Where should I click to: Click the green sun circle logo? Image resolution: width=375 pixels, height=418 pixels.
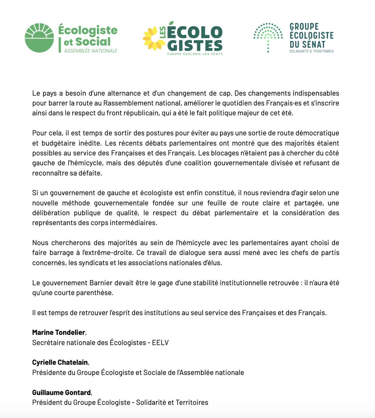39,38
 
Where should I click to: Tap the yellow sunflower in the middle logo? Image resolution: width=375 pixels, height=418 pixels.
154,38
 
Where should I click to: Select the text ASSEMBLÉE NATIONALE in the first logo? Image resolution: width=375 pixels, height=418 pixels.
91,51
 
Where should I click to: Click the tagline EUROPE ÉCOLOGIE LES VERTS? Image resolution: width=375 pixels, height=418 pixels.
195,54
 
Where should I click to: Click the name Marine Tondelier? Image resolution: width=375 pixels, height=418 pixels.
58,332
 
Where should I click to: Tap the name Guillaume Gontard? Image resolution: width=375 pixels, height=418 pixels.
61,393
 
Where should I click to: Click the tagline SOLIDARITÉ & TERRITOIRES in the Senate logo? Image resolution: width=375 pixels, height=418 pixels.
311,51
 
